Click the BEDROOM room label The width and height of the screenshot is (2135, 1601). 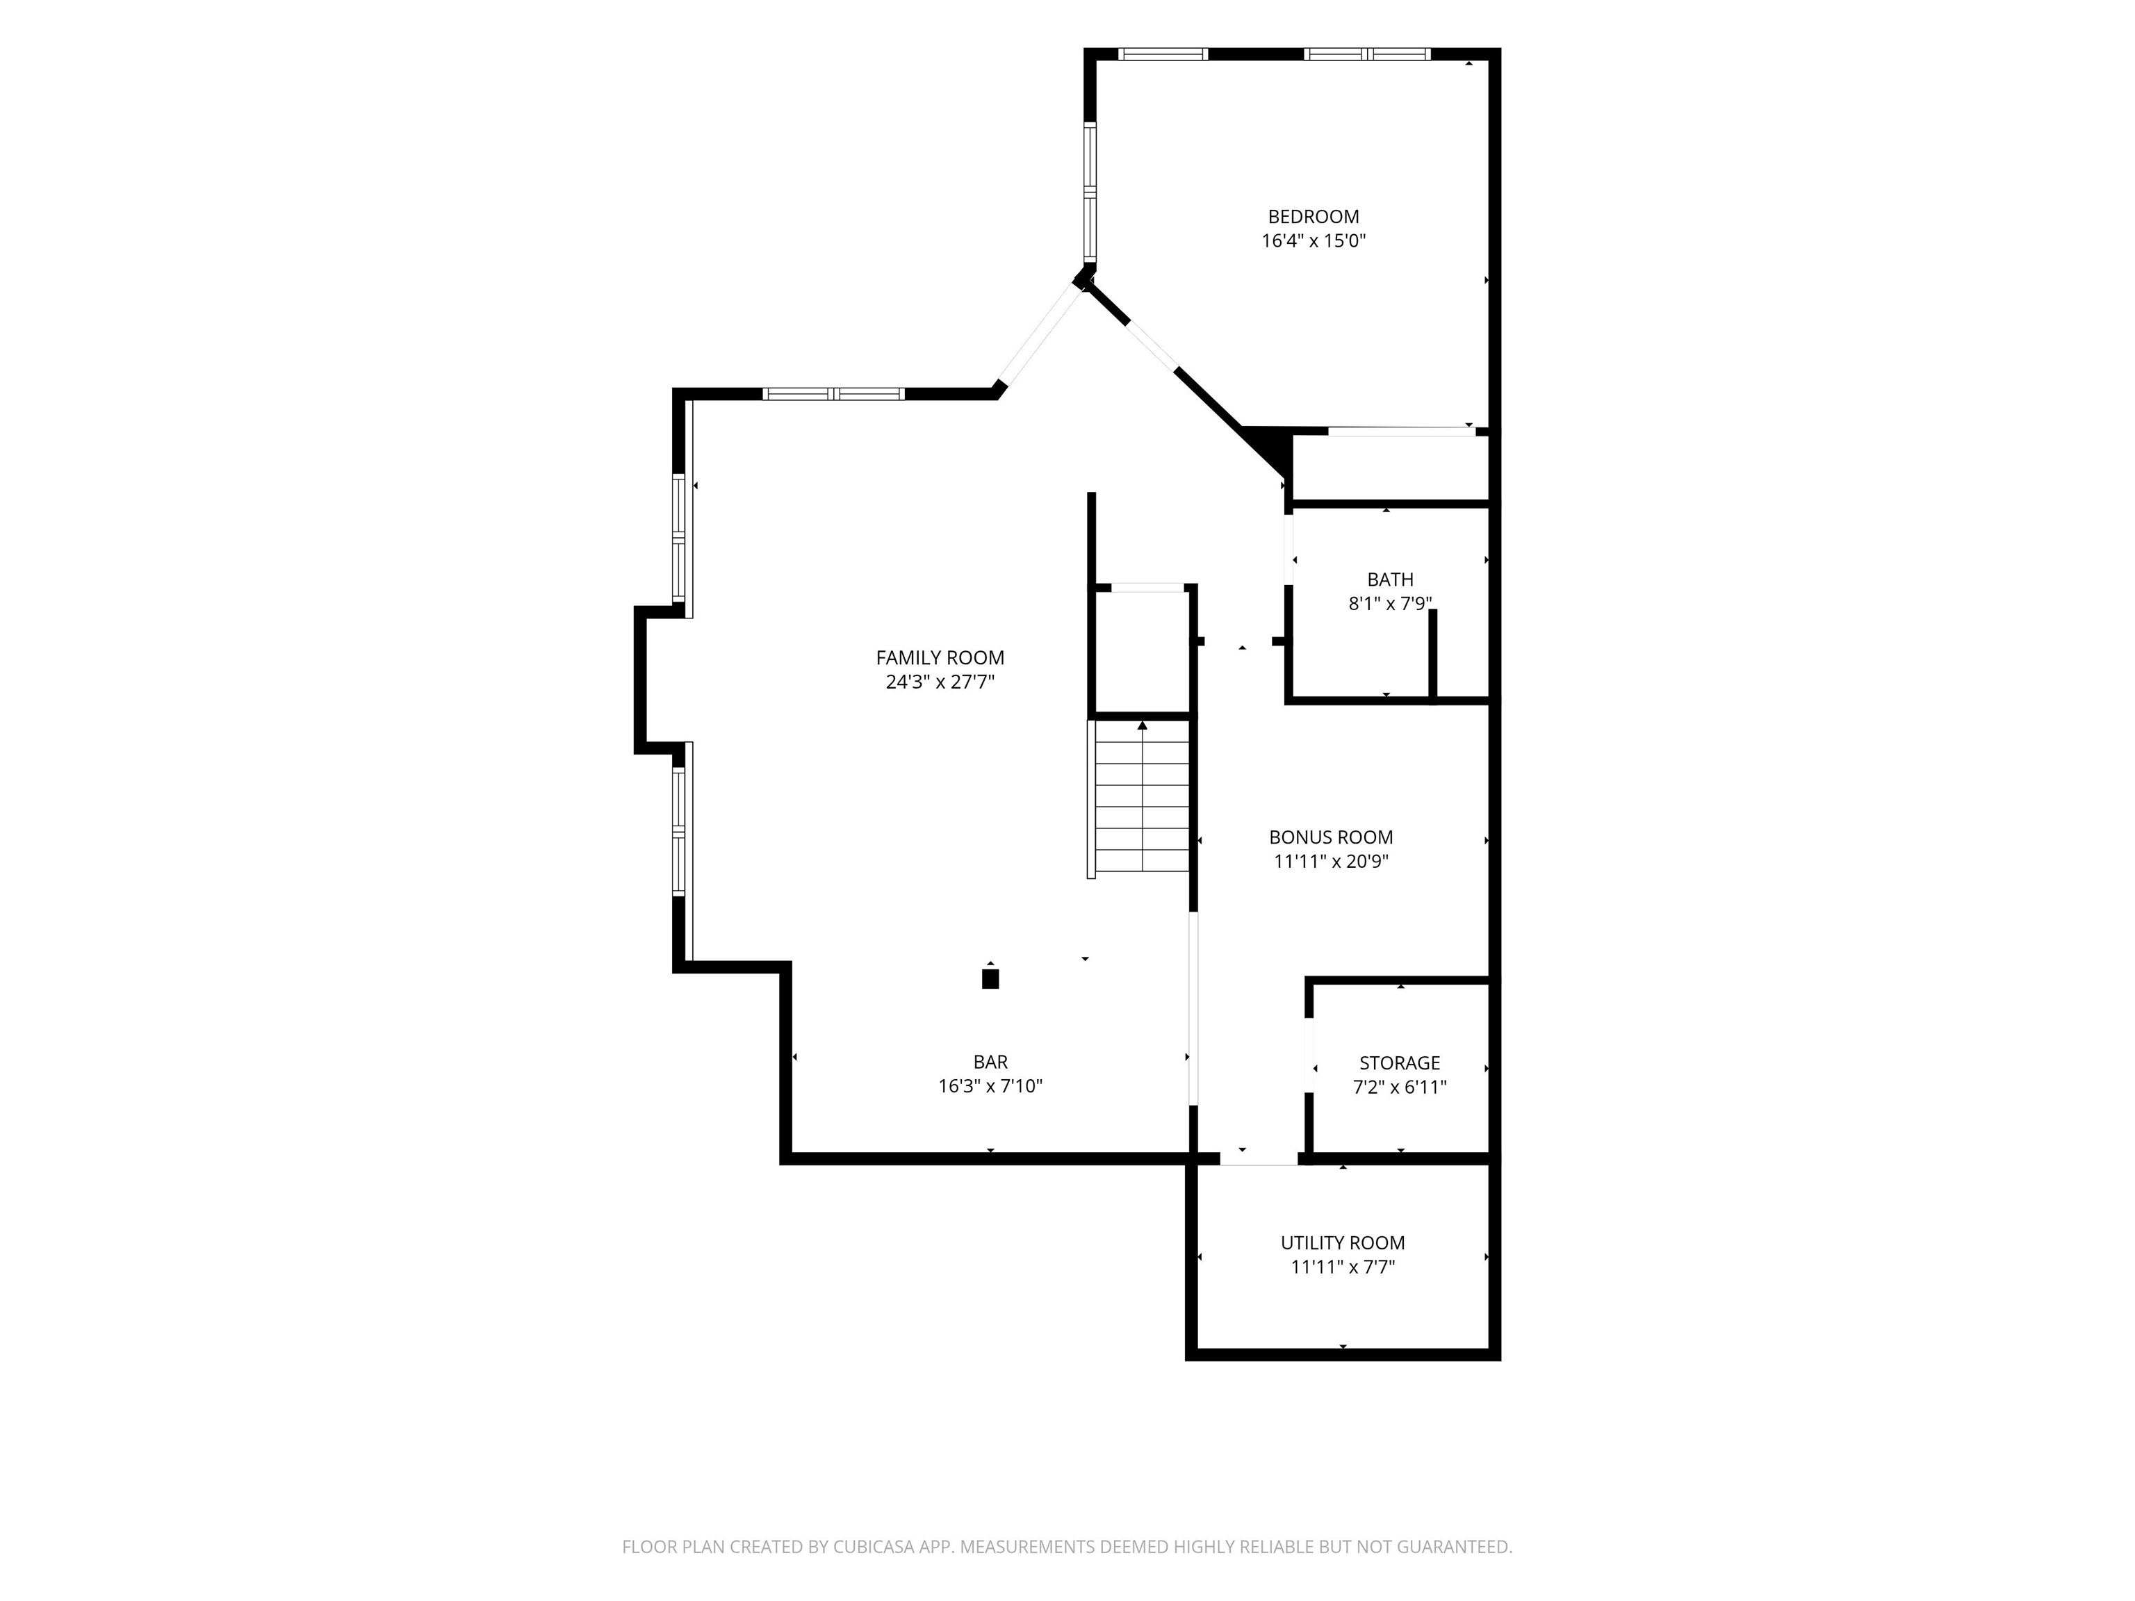click(x=1313, y=217)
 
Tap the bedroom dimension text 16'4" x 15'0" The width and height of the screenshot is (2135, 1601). click(x=1314, y=241)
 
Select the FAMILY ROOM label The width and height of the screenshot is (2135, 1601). click(x=940, y=658)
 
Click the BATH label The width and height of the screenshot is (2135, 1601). click(x=1390, y=580)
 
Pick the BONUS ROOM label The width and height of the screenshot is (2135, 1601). click(x=1331, y=837)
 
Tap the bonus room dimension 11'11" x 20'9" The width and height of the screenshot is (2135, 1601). click(x=1331, y=862)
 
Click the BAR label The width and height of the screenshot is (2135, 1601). click(x=990, y=1062)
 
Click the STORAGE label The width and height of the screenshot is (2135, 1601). click(x=1400, y=1063)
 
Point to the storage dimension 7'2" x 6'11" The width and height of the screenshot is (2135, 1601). click(x=1400, y=1087)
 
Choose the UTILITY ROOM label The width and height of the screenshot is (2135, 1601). click(x=1343, y=1243)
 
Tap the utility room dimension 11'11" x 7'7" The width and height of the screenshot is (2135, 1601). click(x=1343, y=1267)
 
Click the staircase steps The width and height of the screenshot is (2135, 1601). click(x=1142, y=799)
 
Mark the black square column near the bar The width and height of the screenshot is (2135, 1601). click(x=990, y=978)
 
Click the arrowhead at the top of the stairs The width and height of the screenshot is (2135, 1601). click(x=1143, y=725)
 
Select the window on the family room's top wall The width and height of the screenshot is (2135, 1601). click(x=833, y=394)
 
